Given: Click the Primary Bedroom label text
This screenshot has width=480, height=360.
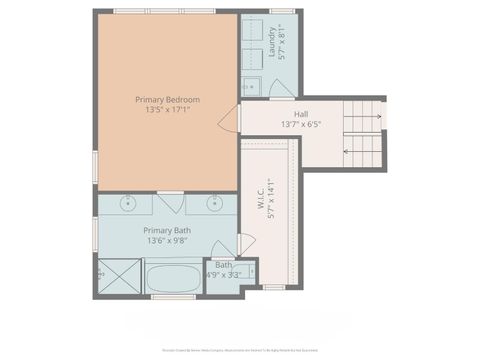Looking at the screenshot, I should (168, 99).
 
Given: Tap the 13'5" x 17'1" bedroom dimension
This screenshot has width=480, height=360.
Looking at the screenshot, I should (168, 111).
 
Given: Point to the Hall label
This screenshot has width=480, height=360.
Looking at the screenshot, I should (300, 114).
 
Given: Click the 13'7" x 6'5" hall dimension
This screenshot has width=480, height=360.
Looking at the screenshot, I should (300, 125).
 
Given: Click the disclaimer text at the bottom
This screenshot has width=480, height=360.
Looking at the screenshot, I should (239, 350).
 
